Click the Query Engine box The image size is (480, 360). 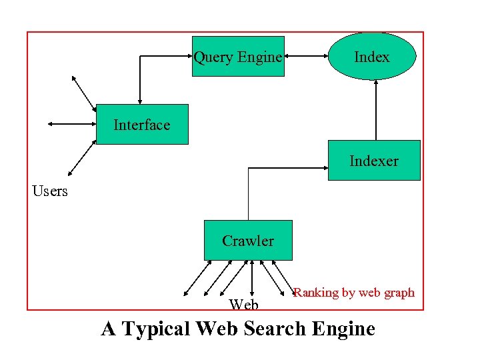point(238,57)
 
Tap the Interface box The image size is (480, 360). point(142,125)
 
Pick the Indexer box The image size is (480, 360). point(374,161)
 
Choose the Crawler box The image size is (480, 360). point(248,240)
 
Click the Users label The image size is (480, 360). point(50,191)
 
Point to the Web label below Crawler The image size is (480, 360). point(243,305)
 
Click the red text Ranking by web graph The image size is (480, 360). point(354,292)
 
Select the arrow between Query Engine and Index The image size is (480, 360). point(306,57)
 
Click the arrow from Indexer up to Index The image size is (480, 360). point(377,110)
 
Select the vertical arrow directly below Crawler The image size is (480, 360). point(251,277)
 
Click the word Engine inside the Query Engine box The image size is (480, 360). point(259,57)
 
